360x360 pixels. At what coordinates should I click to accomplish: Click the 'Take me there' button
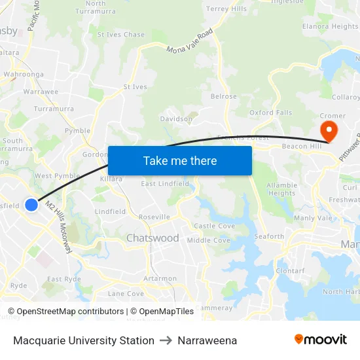click(x=180, y=160)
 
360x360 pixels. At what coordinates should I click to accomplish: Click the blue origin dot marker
click(x=31, y=205)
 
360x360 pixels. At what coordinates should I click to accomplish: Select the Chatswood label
click(x=152, y=238)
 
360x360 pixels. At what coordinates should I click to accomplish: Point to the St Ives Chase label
click(x=121, y=35)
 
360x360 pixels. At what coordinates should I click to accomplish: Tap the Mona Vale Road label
click(x=190, y=41)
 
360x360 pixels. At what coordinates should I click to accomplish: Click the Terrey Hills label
click(x=226, y=9)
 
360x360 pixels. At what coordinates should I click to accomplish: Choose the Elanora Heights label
click(x=330, y=27)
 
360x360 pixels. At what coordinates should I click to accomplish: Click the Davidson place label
click(x=176, y=119)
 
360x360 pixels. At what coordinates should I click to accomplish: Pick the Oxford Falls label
click(x=270, y=113)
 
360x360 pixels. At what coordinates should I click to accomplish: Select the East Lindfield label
click(x=165, y=184)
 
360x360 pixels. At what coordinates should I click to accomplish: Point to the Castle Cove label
click(x=215, y=226)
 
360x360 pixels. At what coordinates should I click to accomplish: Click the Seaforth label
click(x=269, y=237)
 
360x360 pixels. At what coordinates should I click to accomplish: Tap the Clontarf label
click(x=290, y=270)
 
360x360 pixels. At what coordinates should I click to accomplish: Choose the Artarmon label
click(x=160, y=278)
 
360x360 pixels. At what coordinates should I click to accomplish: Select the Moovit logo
click(x=321, y=339)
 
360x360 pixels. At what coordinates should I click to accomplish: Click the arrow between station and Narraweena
click(x=166, y=340)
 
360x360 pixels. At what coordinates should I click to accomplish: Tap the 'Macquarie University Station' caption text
click(x=84, y=340)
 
